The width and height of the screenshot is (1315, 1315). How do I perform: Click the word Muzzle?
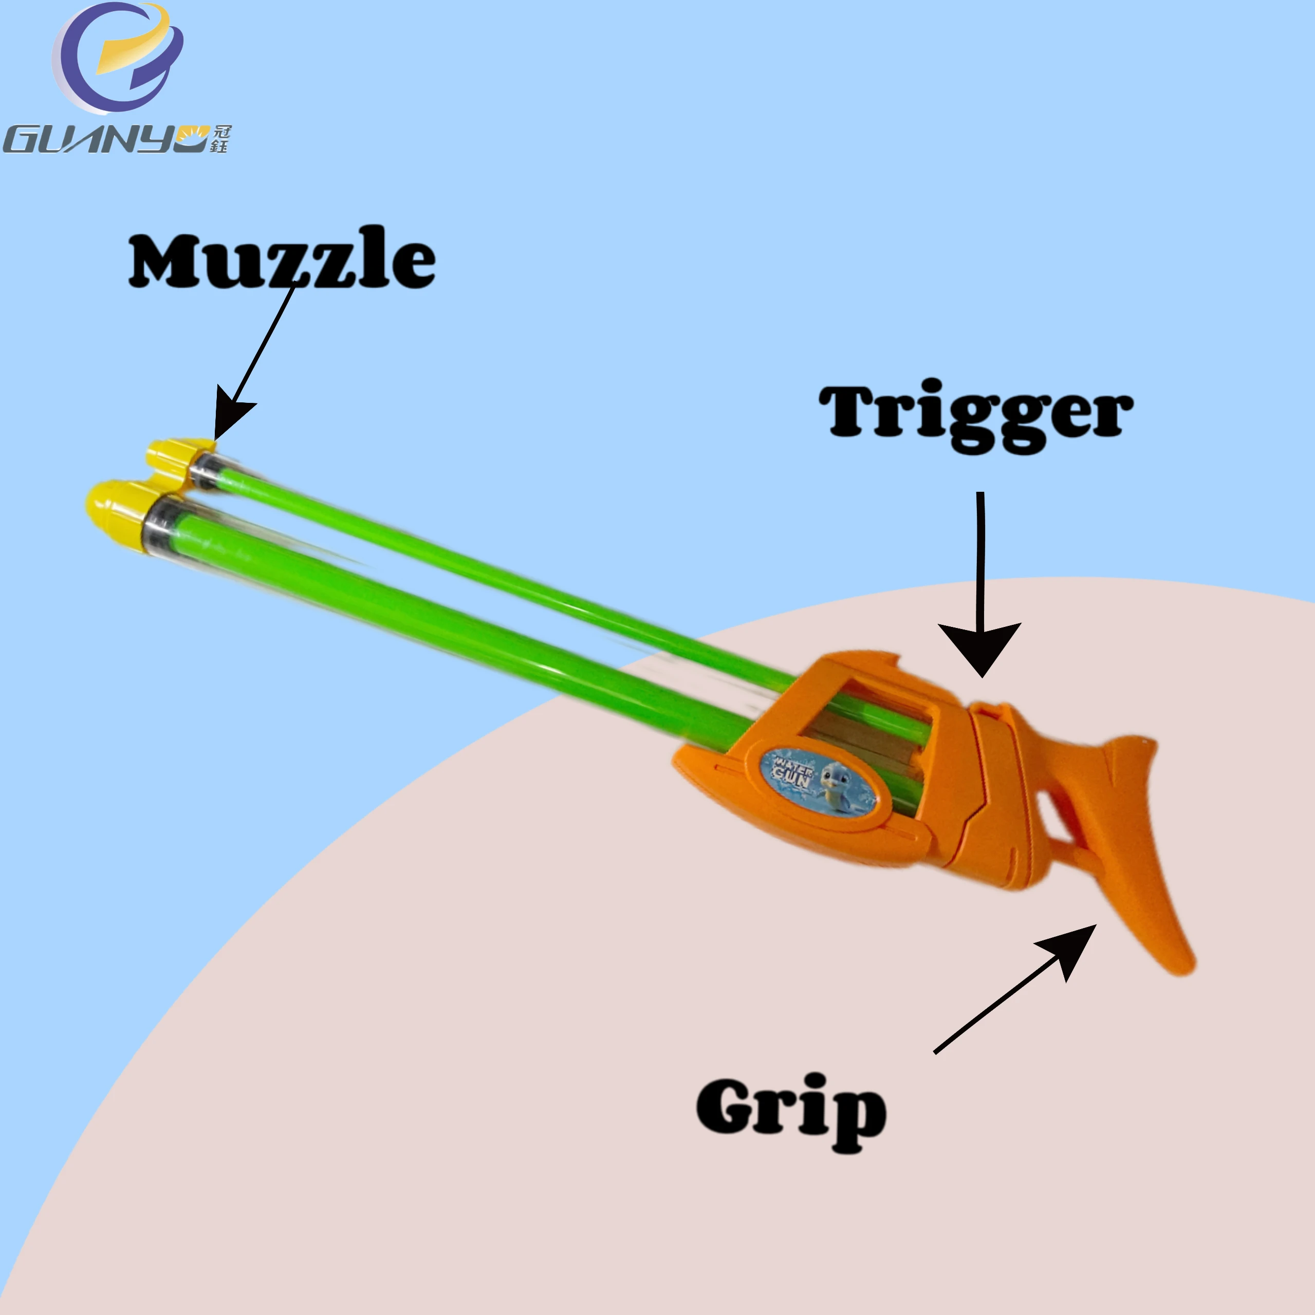click(x=282, y=258)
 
